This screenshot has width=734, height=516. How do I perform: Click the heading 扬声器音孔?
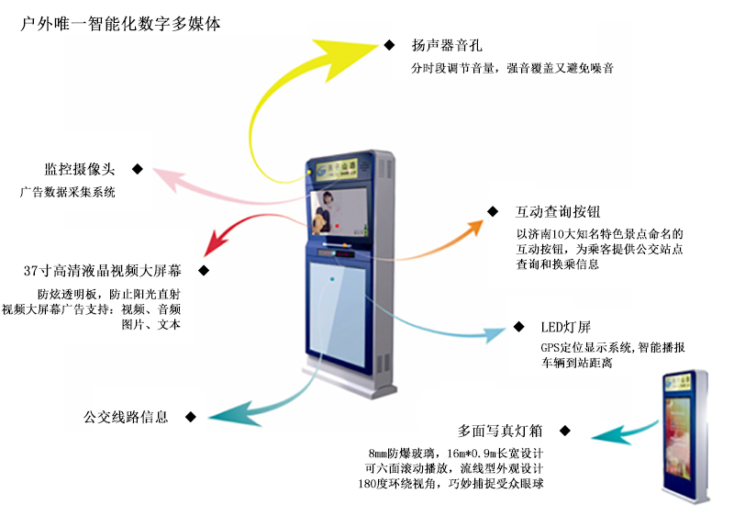click(444, 45)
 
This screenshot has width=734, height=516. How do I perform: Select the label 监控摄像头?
click(80, 170)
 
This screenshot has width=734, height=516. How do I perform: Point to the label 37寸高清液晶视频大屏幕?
click(104, 271)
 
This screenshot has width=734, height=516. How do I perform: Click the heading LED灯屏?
click(558, 327)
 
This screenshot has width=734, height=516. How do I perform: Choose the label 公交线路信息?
click(127, 417)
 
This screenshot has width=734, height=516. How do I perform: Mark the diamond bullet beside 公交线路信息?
click(190, 417)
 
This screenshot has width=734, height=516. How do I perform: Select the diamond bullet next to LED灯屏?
click(520, 326)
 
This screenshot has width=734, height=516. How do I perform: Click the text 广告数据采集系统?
click(68, 194)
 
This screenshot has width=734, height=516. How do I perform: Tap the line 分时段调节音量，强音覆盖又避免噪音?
click(513, 68)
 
